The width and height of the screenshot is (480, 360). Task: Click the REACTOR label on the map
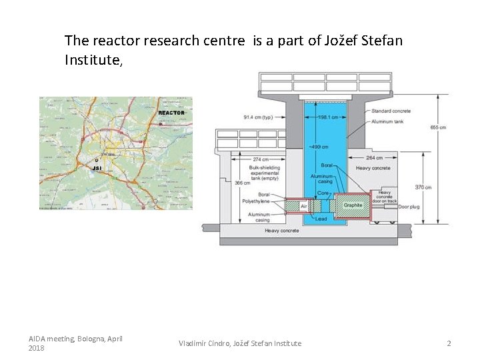[171, 113]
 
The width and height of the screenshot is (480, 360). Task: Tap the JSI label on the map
[97, 168]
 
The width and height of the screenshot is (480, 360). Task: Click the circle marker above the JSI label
[96, 160]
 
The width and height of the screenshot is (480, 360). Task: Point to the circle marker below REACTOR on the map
[161, 123]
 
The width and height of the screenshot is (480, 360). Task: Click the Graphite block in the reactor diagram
[353, 205]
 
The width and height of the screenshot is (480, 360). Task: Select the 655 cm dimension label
[438, 127]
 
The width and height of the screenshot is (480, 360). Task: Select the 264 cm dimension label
[374, 158]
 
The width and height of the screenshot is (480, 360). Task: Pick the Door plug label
[409, 206]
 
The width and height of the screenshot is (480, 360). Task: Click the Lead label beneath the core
[321, 219]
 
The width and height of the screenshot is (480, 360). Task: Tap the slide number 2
[449, 343]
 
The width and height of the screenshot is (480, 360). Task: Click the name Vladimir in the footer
[193, 343]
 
